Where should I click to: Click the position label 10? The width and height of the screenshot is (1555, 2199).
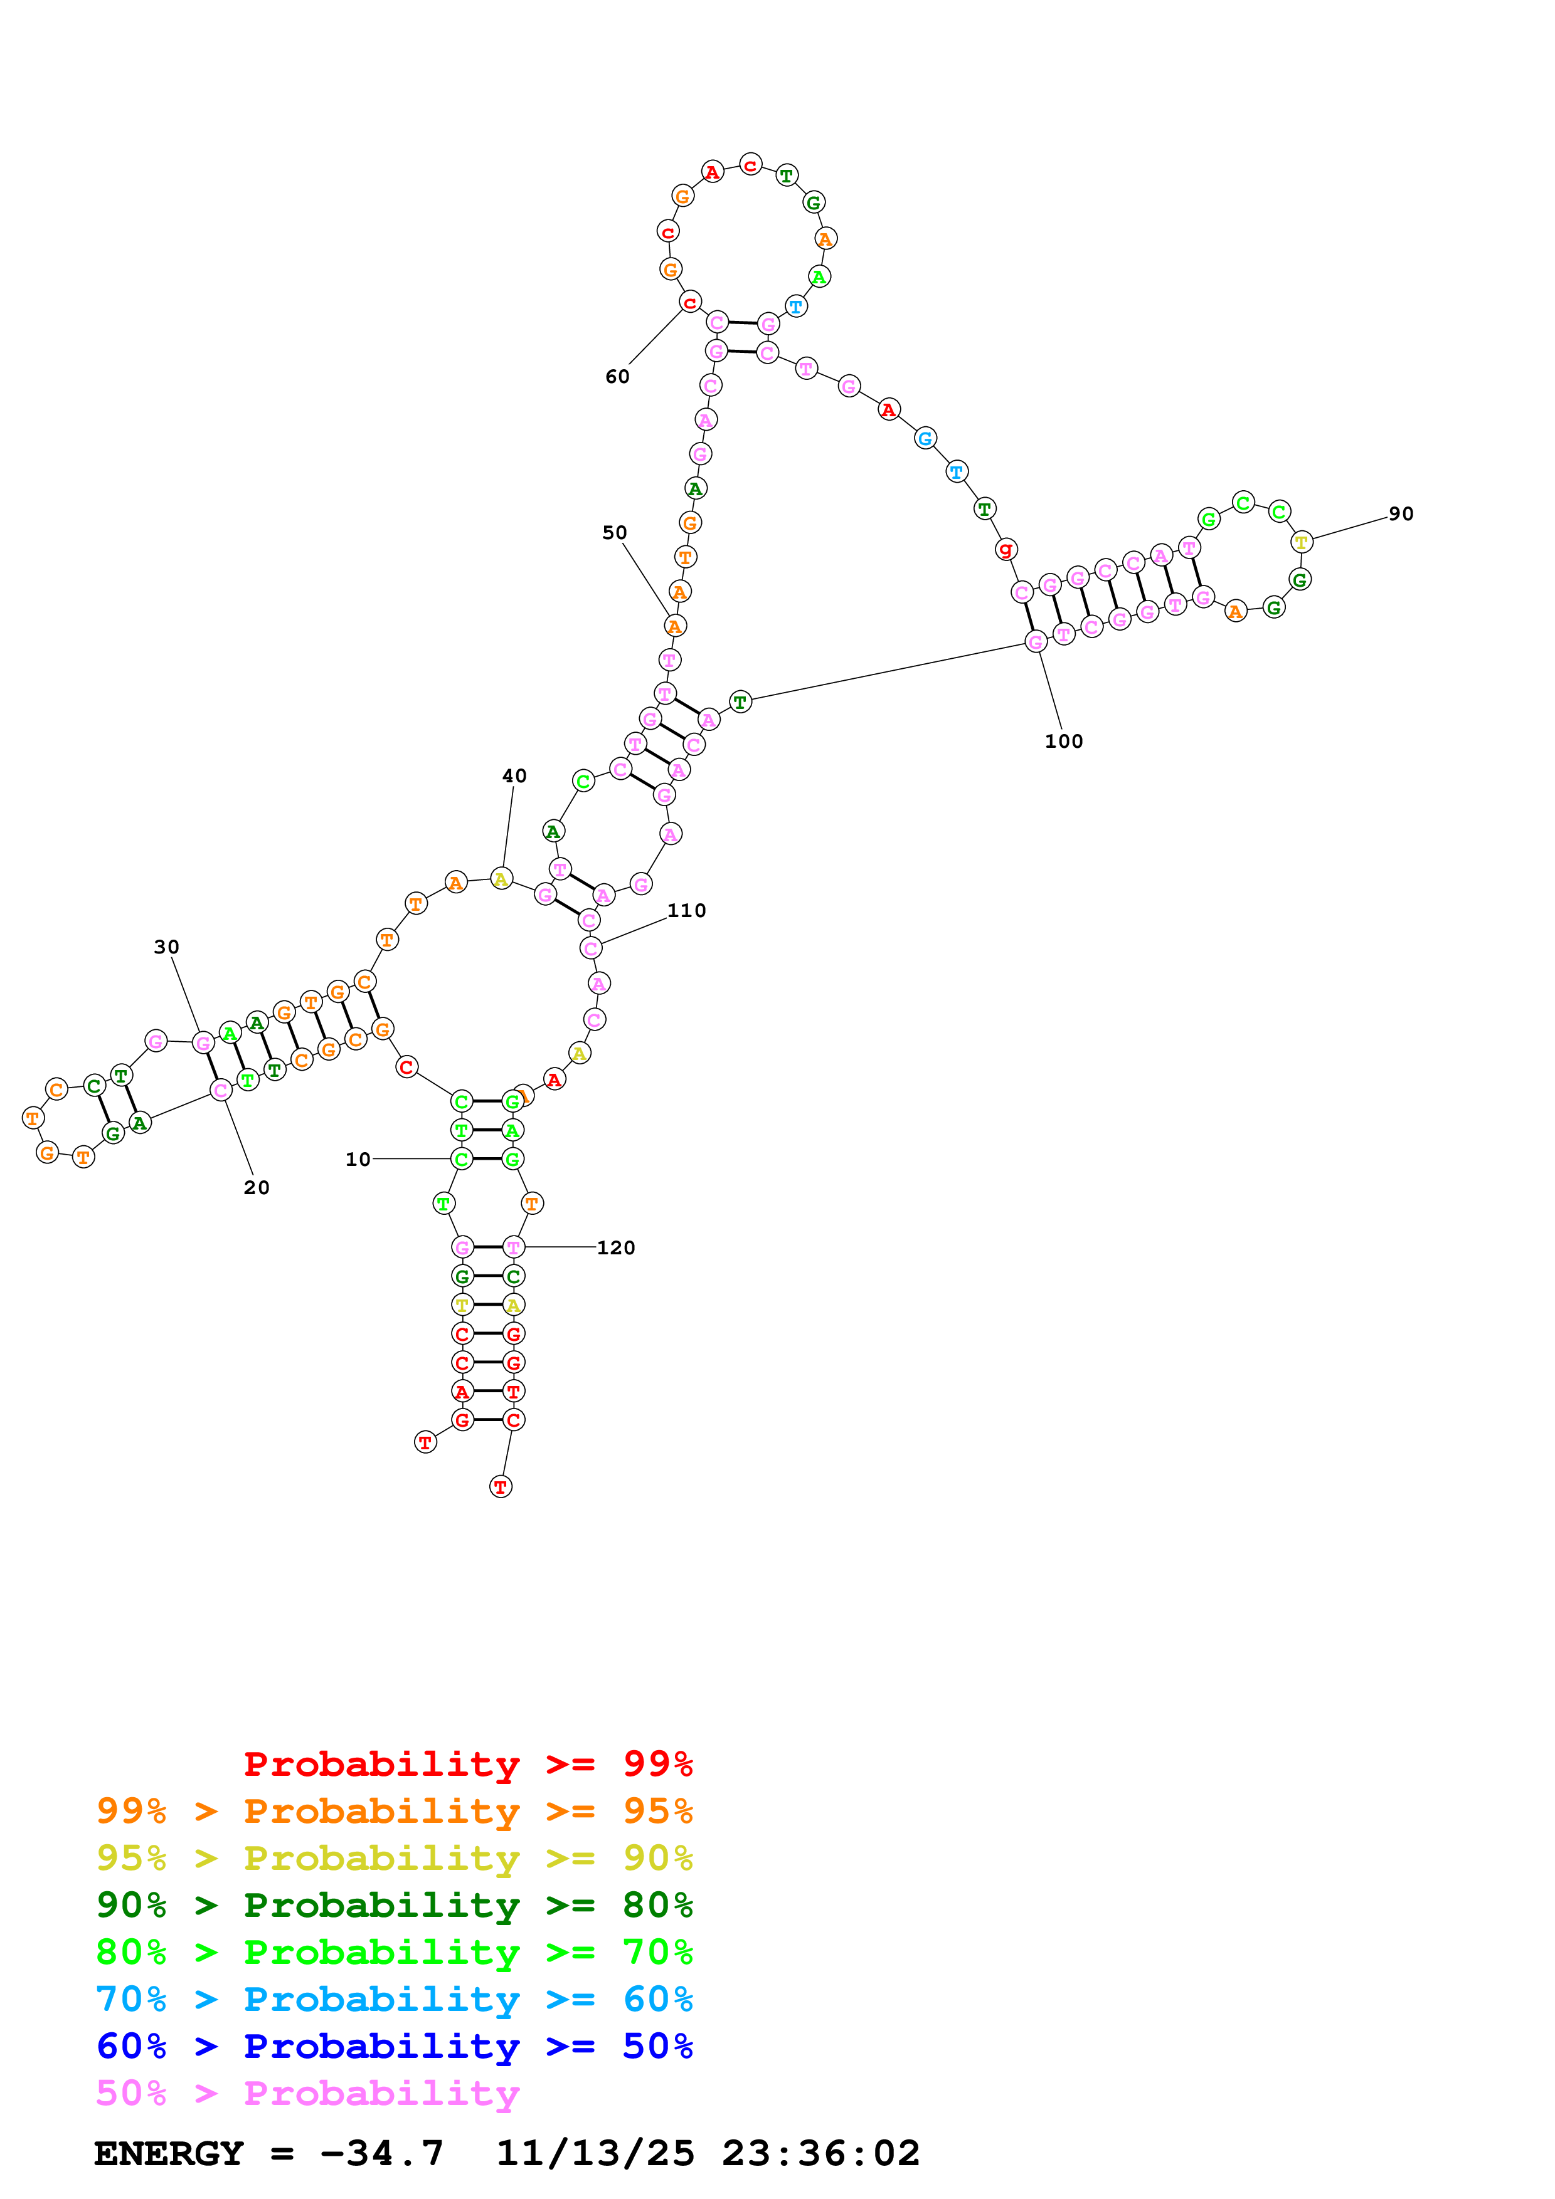358,1159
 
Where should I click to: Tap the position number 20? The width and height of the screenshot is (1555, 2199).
256,1188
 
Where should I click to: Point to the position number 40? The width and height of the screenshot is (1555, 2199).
514,776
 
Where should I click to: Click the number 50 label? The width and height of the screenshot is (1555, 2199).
614,532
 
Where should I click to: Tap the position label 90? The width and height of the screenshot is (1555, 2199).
1401,514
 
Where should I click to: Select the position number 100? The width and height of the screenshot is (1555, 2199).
1063,742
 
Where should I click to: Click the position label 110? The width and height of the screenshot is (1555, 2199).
686,911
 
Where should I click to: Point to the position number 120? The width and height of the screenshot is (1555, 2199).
615,1248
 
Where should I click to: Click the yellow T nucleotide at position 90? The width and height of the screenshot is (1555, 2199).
1301,542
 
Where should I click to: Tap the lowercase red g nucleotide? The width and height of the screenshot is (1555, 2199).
1005,550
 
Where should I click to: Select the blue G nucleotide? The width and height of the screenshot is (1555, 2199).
925,439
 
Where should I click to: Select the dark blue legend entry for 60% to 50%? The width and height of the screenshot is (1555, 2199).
394,2046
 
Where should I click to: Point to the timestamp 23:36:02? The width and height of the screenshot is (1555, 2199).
820,2153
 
